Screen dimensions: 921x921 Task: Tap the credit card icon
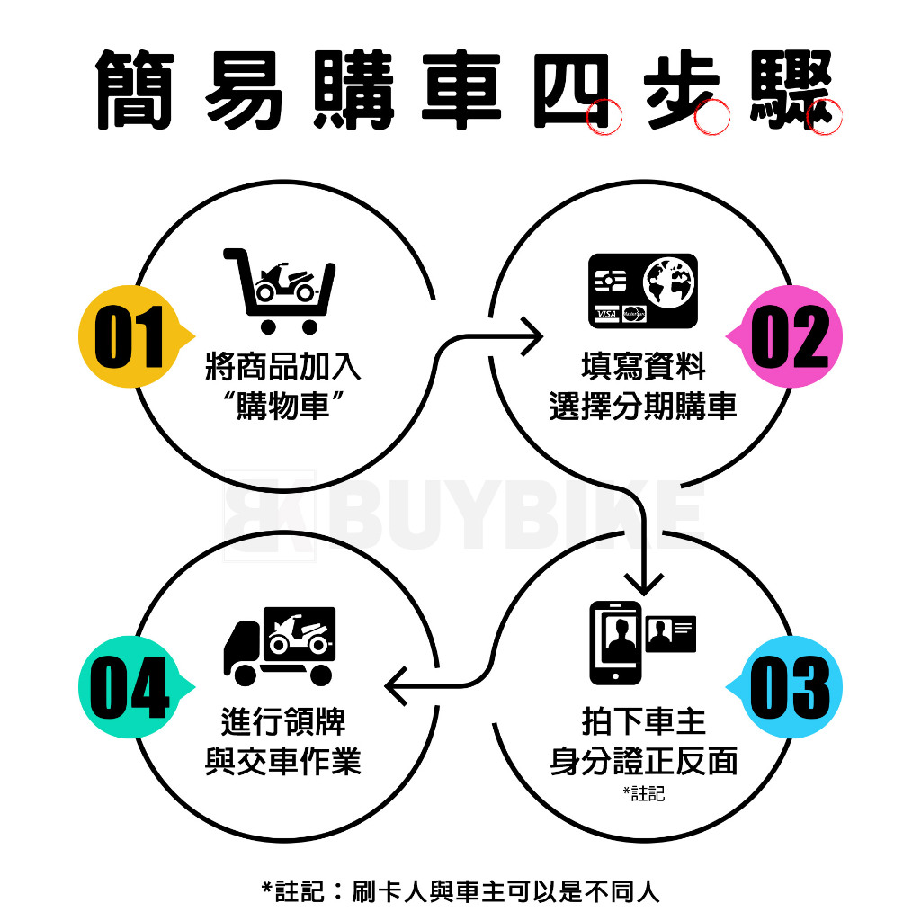click(642, 290)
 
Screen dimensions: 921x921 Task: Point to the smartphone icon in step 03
click(615, 642)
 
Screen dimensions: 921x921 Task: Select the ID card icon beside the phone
click(671, 635)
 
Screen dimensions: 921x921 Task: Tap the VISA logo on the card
click(606, 313)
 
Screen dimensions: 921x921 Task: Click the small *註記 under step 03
click(643, 793)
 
